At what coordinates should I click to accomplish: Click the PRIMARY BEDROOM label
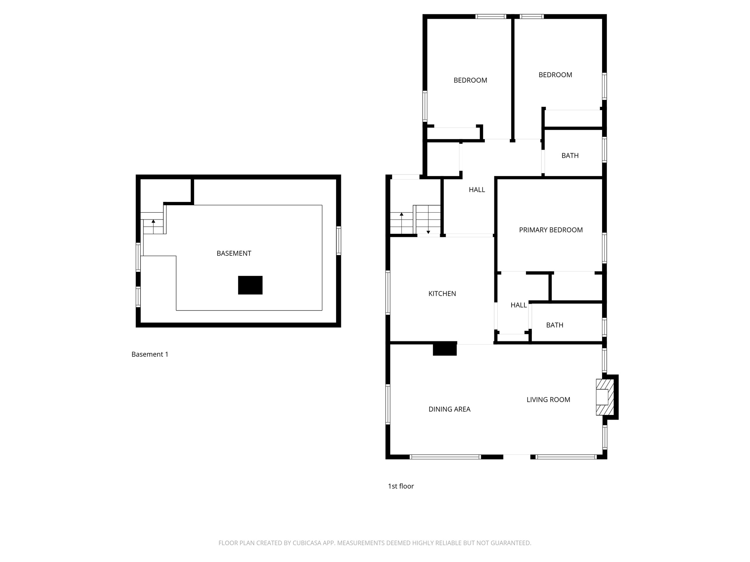coord(551,230)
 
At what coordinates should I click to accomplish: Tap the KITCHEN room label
coord(442,293)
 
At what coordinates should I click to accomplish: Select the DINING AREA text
coord(449,409)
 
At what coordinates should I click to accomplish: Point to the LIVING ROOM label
coord(548,400)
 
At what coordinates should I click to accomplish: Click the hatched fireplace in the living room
coord(605,397)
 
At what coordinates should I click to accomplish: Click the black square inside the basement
coord(250,285)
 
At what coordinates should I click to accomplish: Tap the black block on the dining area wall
coord(445,349)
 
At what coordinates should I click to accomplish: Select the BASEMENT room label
coord(234,253)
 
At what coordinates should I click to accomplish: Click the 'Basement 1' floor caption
coord(150,354)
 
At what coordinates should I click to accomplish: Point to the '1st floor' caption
coord(401,486)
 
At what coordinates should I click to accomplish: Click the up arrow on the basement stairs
coord(153,221)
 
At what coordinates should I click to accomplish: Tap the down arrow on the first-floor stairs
coord(428,232)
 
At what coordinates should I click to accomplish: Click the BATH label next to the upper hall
coord(570,156)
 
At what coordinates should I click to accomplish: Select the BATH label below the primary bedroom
coord(554,325)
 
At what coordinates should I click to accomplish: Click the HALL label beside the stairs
coord(477,190)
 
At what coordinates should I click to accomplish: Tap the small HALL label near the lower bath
coord(519,305)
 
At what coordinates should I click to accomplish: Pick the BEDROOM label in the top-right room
coord(555,75)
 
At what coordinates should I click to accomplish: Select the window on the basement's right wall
coord(339,240)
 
